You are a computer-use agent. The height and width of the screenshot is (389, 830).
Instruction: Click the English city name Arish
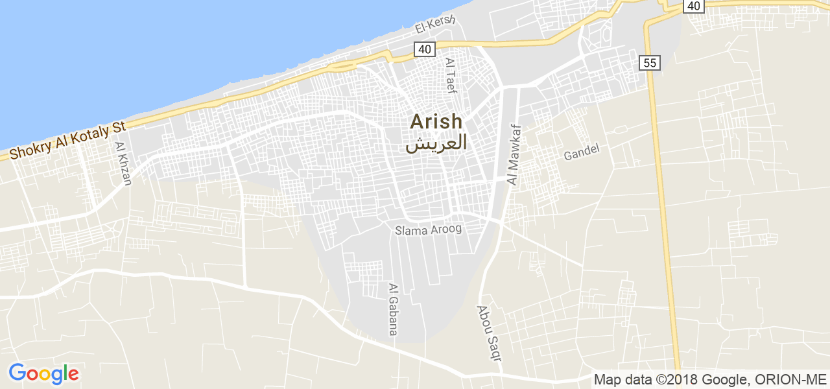[x=436, y=121]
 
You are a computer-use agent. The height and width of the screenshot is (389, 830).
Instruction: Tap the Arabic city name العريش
[x=436, y=143]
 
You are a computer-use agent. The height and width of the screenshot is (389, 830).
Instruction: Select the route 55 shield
[x=649, y=63]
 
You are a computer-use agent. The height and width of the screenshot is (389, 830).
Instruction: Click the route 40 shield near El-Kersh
[x=424, y=49]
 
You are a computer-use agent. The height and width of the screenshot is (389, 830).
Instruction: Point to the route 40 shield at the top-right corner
[x=693, y=6]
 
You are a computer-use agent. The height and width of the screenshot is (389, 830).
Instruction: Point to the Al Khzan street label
[x=123, y=164]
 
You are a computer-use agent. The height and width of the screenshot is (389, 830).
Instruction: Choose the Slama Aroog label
[x=429, y=230]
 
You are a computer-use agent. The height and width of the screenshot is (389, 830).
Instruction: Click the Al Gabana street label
[x=393, y=309]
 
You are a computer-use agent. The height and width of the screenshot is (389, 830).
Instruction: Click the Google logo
[x=43, y=374]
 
